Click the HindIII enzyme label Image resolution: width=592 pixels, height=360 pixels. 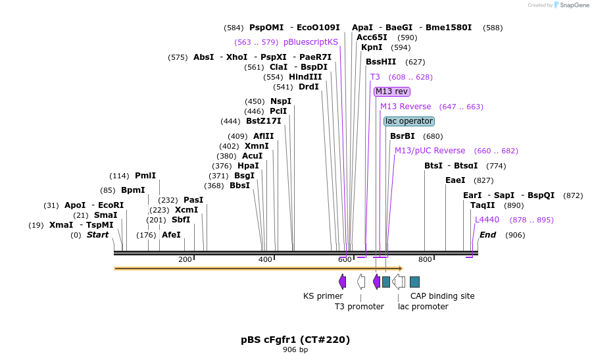coord(305,77)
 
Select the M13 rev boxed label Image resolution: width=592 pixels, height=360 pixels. coord(392,91)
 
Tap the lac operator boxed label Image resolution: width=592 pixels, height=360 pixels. coord(409,121)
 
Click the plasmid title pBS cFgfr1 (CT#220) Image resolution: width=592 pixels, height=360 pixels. coord(295,340)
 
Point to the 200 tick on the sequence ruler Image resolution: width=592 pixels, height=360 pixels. coord(185,259)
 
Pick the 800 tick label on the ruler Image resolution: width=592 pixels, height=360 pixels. coord(425,259)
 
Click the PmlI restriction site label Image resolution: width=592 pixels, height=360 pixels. coord(145,176)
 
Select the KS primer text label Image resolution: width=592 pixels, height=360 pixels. coord(323,296)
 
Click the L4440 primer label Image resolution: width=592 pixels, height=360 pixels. coord(487,220)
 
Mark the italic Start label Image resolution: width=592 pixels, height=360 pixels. coord(97,235)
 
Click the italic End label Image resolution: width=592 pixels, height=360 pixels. coord(488,235)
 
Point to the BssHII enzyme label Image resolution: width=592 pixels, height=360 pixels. coord(381,62)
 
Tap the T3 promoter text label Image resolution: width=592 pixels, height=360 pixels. coord(359,307)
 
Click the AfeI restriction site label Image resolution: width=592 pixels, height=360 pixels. coord(171,235)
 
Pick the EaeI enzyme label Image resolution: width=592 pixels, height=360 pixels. coord(455,180)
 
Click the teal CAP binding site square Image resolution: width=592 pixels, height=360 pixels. coord(414,282)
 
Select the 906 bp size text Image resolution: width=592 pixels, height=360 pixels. coord(295,350)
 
